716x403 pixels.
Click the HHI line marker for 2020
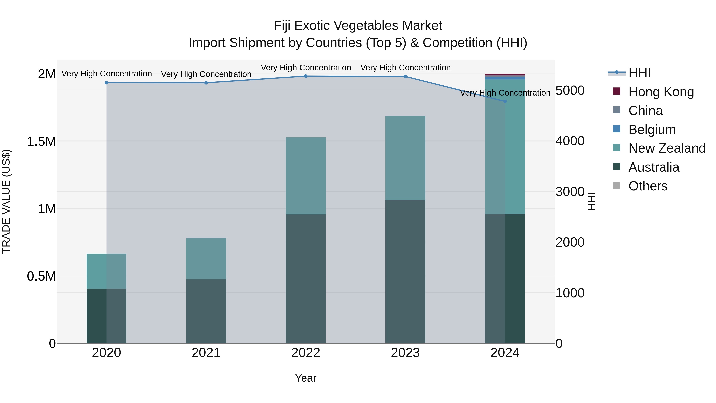tap(106, 83)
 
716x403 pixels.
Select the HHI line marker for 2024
tap(505, 101)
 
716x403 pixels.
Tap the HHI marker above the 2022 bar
tap(306, 76)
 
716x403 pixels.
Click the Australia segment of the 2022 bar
tap(306, 278)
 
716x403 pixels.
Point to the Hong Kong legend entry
tap(661, 92)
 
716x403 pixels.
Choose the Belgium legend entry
tap(652, 130)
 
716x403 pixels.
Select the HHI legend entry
tap(639, 73)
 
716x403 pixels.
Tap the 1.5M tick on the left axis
tap(41, 141)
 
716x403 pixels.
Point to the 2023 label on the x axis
tap(405, 353)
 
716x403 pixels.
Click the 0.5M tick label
tap(41, 276)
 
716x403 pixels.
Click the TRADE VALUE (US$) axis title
tap(6, 201)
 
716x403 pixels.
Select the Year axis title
tap(305, 378)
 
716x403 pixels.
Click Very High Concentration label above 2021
tap(206, 74)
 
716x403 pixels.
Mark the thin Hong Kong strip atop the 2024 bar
tap(505, 75)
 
